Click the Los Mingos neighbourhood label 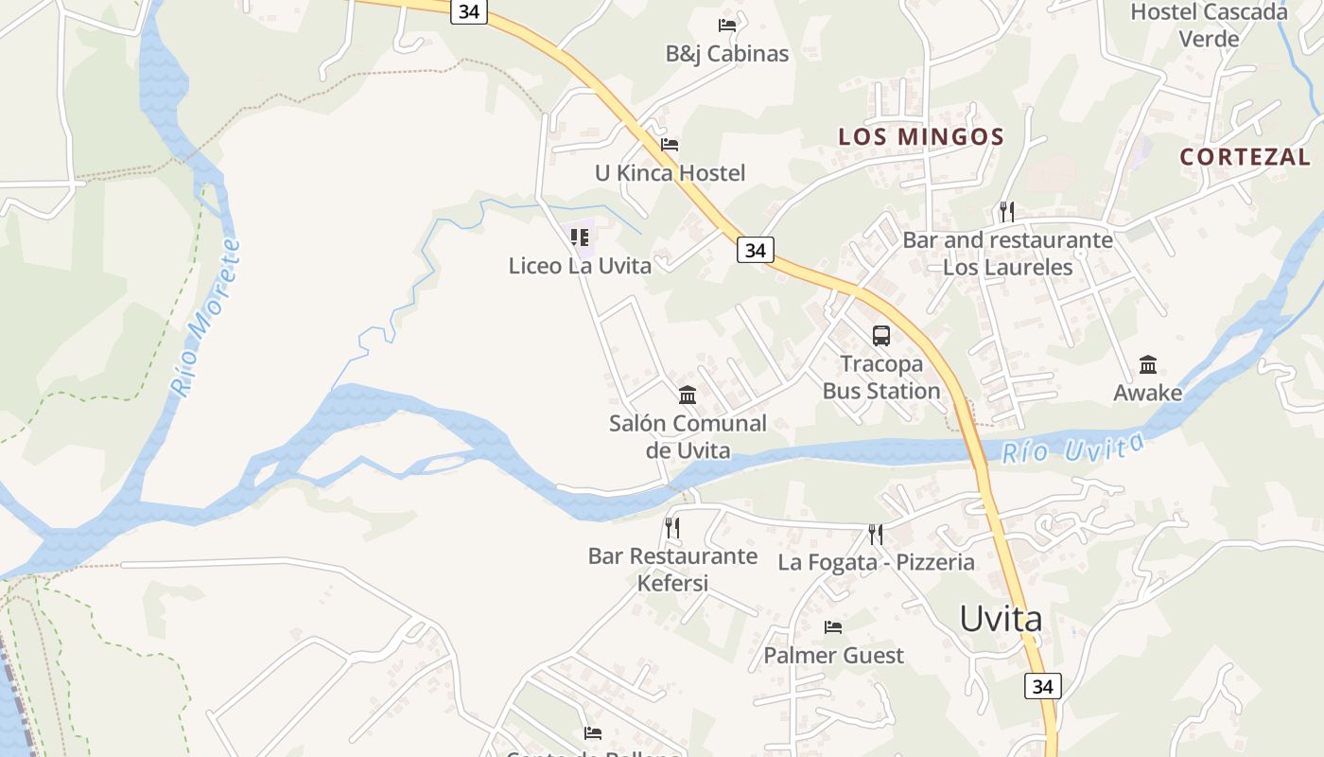click(x=920, y=136)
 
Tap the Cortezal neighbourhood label click(x=1245, y=157)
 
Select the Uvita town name click(x=1001, y=619)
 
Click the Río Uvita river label click(x=1072, y=448)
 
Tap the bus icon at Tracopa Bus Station click(x=880, y=335)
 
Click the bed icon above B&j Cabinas click(x=726, y=25)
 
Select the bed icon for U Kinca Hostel click(x=670, y=145)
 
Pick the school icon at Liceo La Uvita click(x=580, y=237)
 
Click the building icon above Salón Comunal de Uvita click(x=688, y=395)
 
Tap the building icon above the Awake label click(x=1147, y=364)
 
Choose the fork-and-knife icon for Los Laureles click(x=1006, y=211)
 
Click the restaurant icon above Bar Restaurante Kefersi click(x=672, y=527)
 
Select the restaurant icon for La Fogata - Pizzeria click(x=876, y=535)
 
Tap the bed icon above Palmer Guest click(x=833, y=627)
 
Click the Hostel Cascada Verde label click(x=1209, y=26)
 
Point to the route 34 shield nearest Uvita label click(x=1042, y=686)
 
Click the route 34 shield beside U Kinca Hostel click(x=755, y=250)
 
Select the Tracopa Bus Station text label click(x=880, y=378)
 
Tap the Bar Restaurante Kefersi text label click(x=672, y=569)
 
